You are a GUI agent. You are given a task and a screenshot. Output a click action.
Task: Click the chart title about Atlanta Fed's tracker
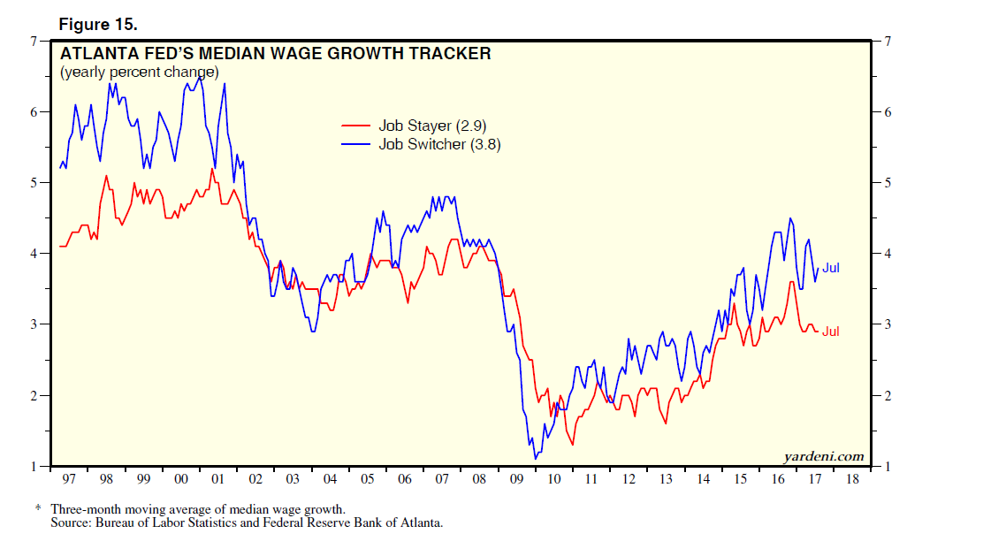click(x=275, y=54)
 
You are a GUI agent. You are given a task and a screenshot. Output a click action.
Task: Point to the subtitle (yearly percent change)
click(x=139, y=72)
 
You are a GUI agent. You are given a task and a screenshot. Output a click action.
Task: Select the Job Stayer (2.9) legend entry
click(x=426, y=126)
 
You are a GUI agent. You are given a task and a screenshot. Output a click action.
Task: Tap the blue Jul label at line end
click(x=831, y=267)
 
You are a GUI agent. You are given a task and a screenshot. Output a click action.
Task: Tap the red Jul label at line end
click(x=831, y=331)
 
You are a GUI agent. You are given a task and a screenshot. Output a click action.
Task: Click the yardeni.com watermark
click(x=823, y=456)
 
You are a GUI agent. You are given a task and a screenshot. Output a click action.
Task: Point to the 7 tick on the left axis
click(x=35, y=41)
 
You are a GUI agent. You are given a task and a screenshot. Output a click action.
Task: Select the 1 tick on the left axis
click(x=35, y=466)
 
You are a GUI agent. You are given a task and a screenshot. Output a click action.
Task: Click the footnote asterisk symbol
click(x=38, y=509)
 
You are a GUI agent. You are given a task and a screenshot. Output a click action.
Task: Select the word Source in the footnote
click(x=71, y=522)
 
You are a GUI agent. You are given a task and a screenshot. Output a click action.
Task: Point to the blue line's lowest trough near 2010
click(x=536, y=458)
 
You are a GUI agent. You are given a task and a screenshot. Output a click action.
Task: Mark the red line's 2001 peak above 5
click(x=212, y=169)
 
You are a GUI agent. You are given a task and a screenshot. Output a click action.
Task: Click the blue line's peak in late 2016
click(x=790, y=218)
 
